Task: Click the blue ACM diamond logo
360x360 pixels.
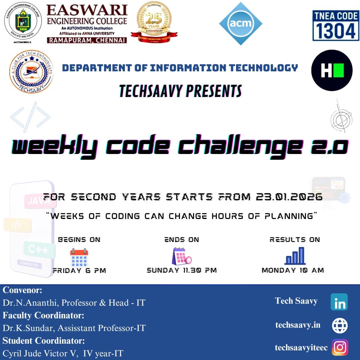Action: click(240, 24)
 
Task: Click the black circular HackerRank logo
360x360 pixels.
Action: click(332, 70)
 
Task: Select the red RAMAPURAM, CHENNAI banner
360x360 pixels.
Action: click(87, 40)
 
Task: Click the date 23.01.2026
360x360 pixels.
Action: click(289, 197)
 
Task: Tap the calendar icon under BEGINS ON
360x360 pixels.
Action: click(79, 257)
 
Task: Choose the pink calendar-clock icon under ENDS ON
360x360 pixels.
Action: click(182, 256)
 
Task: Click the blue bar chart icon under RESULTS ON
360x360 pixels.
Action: click(295, 256)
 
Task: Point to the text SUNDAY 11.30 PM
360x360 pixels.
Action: click(182, 270)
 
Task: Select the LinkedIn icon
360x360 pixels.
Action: click(339, 302)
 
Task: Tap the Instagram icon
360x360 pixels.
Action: click(340, 347)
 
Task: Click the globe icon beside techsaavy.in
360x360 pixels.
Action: click(340, 326)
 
